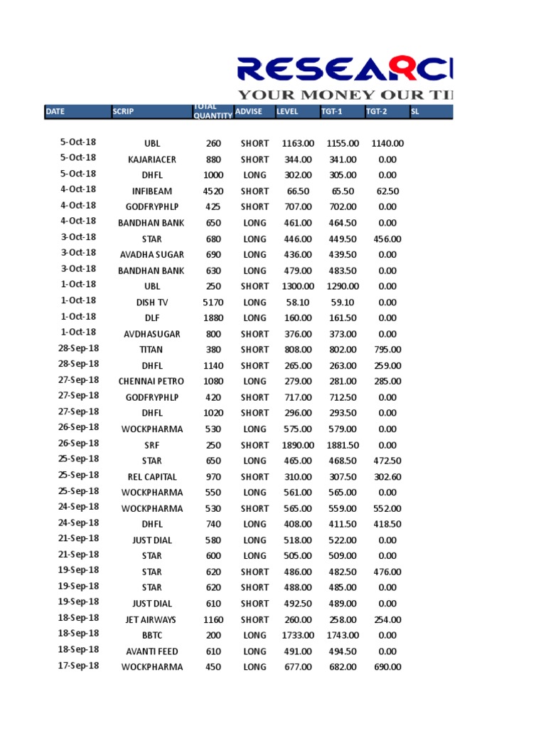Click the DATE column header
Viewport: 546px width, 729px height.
click(55, 112)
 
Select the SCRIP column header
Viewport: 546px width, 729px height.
click(123, 112)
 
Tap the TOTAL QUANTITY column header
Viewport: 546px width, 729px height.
click(212, 112)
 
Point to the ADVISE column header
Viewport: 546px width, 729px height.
click(249, 112)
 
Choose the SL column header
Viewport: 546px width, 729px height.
click(415, 112)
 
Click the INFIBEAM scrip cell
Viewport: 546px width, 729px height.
click(152, 191)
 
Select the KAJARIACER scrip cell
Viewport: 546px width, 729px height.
click(152, 159)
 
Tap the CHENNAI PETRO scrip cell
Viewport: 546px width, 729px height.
click(151, 382)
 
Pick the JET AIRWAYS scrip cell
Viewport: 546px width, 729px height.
click(151, 619)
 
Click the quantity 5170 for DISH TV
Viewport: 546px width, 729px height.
click(213, 303)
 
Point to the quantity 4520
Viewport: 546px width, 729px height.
click(213, 191)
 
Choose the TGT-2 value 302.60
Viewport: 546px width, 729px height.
click(387, 477)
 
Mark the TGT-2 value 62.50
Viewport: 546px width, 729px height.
click(387, 191)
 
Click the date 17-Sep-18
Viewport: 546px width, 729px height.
click(79, 666)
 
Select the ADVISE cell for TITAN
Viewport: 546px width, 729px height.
click(255, 350)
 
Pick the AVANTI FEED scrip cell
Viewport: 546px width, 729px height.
click(152, 651)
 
